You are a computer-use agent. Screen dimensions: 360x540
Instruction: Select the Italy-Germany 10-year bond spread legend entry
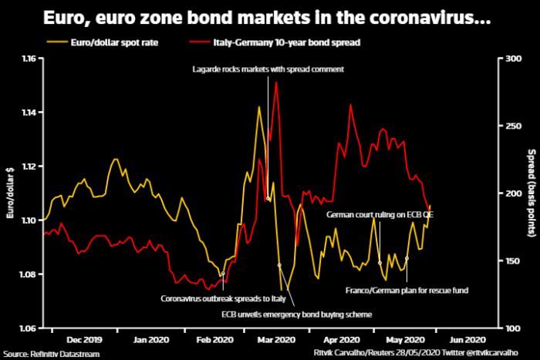(269, 43)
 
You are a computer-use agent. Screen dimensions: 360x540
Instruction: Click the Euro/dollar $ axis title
(11, 193)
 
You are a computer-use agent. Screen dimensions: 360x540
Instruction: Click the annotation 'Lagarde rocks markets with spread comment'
(268, 69)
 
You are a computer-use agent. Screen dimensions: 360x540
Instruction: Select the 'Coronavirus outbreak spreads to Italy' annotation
(222, 298)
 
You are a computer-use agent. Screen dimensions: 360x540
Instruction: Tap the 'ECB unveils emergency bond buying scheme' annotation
(297, 315)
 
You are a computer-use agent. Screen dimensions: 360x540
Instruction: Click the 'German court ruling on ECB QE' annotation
(380, 214)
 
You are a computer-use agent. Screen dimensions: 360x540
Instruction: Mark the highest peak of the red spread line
(275, 82)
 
